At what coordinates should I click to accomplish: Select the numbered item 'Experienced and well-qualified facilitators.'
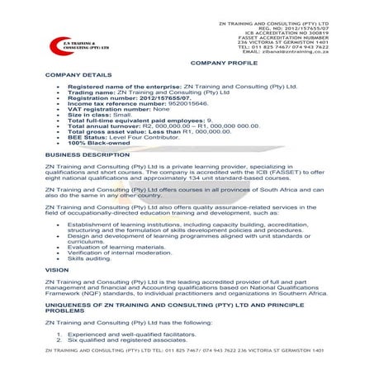[x=136, y=334]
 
